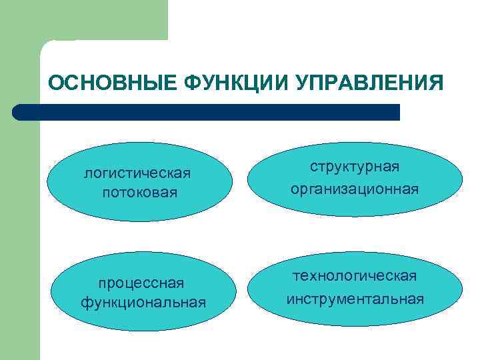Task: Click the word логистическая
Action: click(137, 173)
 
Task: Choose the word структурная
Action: click(355, 170)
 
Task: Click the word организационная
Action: click(355, 189)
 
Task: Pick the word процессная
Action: click(141, 283)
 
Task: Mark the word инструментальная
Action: click(355, 298)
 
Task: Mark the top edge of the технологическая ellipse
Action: click(355, 253)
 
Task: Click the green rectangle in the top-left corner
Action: click(83, 20)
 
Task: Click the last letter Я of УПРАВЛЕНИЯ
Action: click(435, 83)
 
